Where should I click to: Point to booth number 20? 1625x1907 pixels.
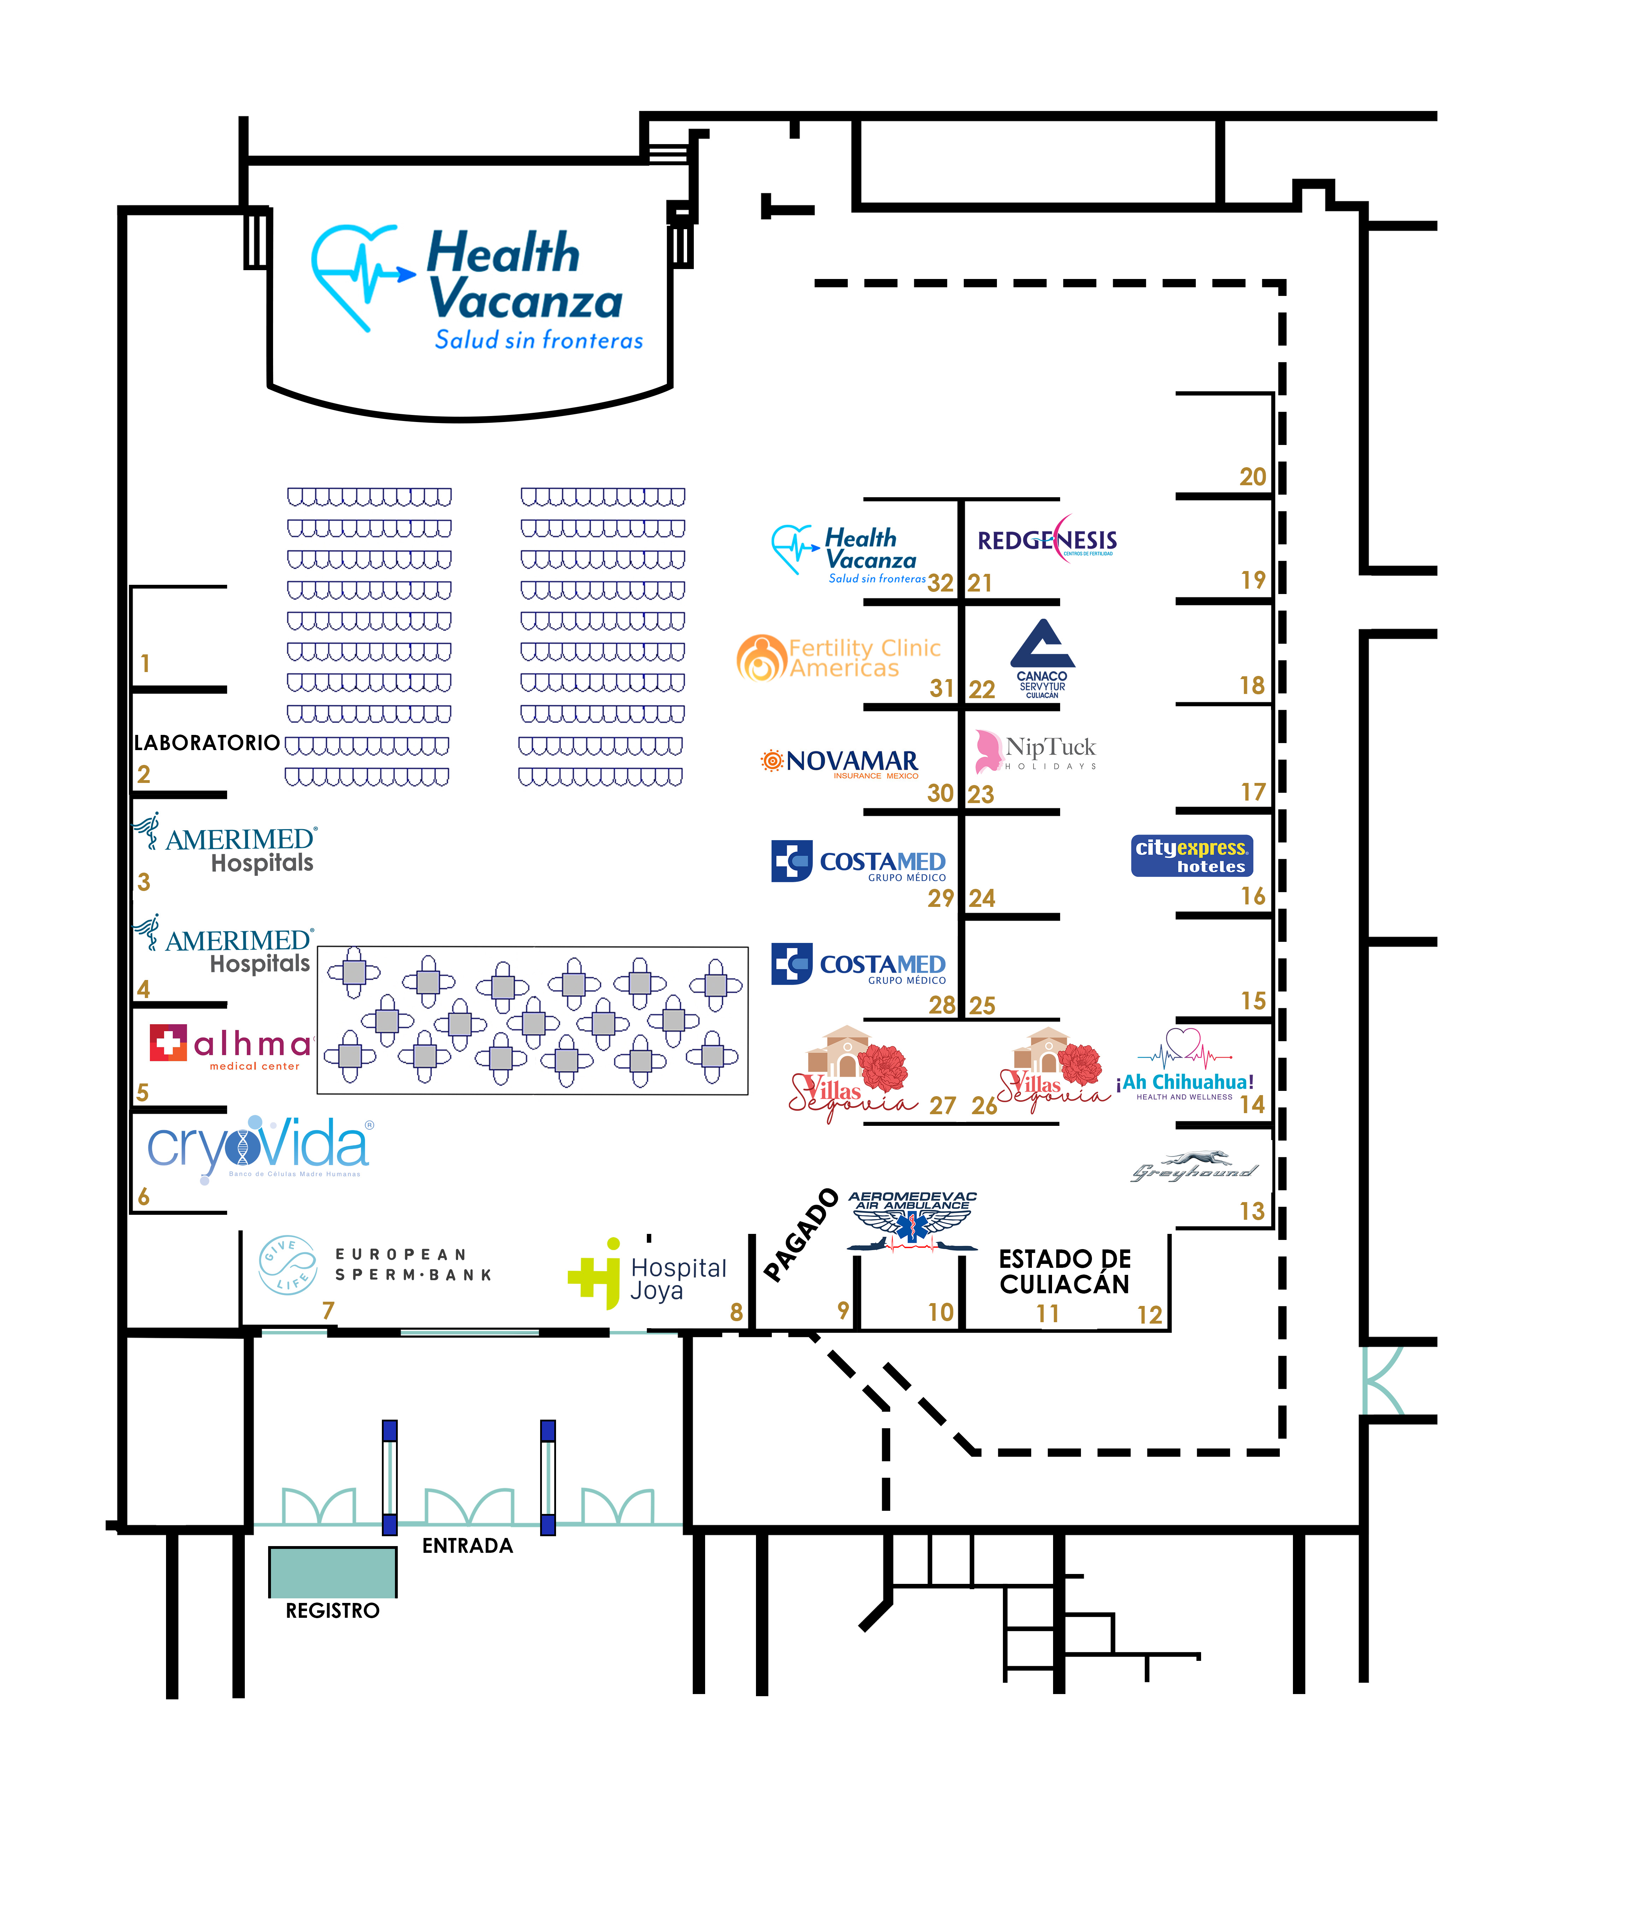pos(1252,477)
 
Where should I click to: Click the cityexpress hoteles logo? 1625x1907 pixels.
pos(1191,856)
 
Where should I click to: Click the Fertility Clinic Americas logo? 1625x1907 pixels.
pos(839,658)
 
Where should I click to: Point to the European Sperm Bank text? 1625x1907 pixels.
pos(413,1265)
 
